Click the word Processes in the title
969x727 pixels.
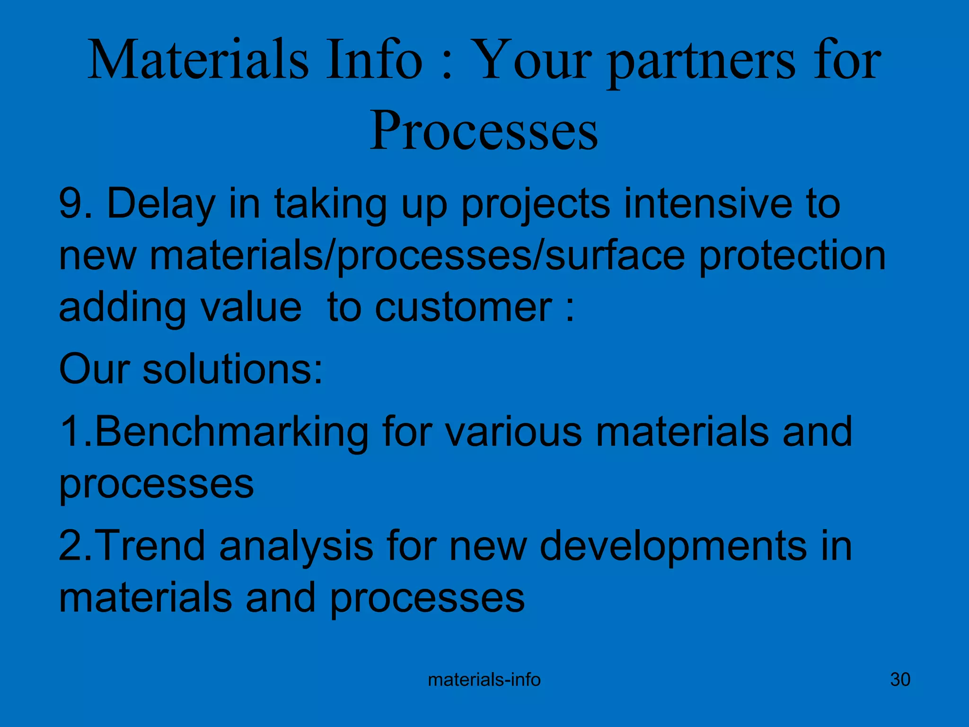[484, 131]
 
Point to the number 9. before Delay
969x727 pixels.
[75, 204]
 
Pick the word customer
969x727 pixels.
[464, 308]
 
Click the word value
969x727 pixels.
[251, 308]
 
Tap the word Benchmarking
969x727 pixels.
[232, 432]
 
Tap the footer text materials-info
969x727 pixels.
[484, 680]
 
